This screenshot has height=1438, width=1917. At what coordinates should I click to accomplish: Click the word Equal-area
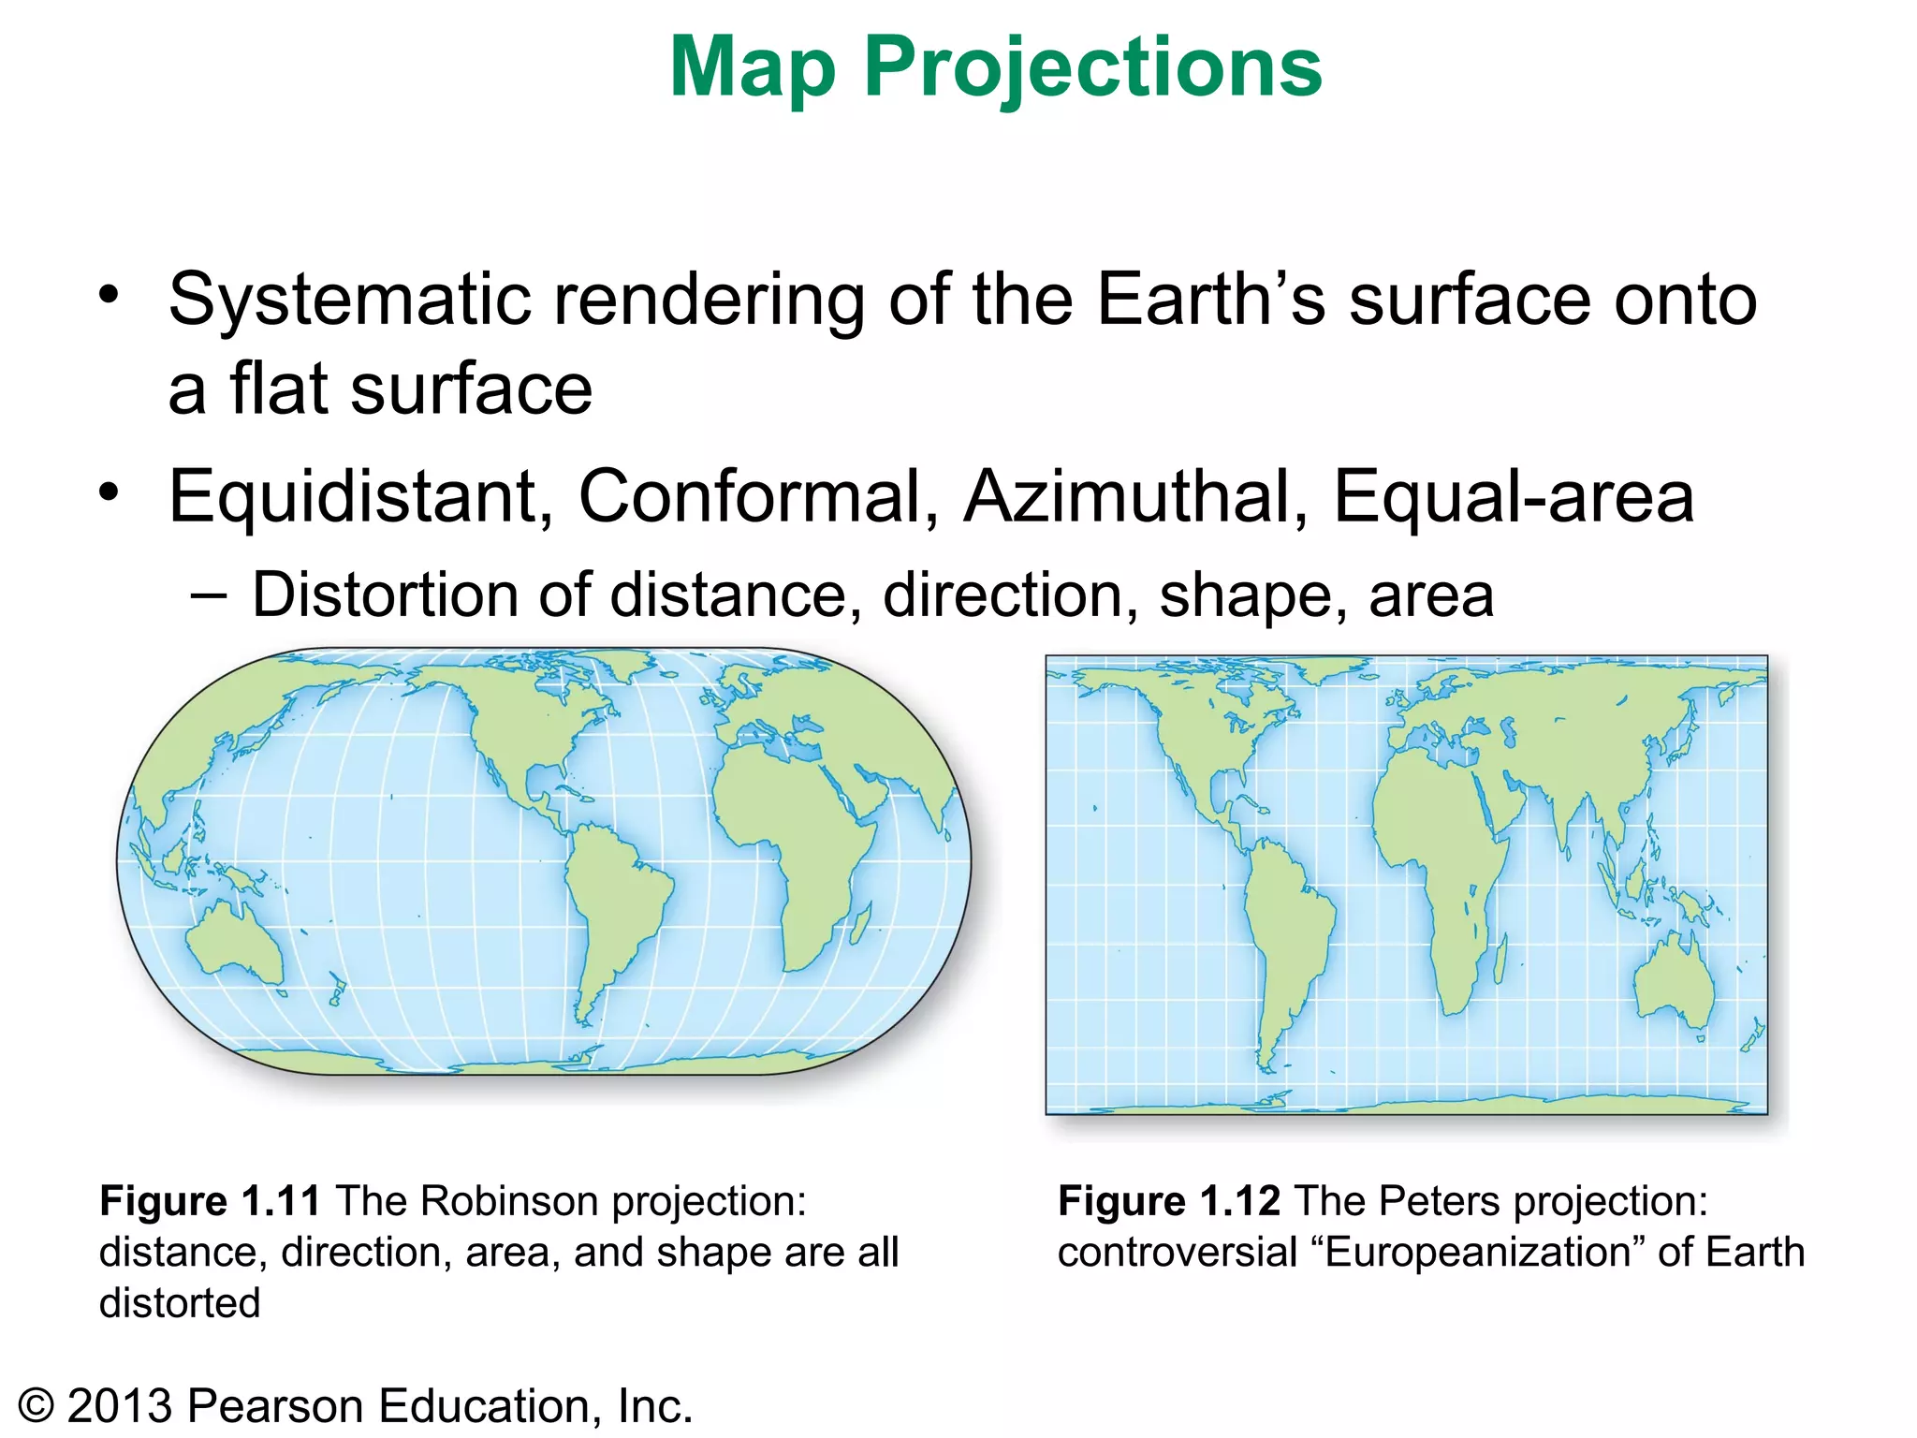click(1513, 496)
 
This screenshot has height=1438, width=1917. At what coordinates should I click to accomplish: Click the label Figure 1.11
click(210, 1201)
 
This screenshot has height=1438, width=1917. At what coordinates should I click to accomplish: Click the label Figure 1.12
click(1168, 1201)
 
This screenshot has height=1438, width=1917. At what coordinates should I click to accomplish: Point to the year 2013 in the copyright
click(120, 1406)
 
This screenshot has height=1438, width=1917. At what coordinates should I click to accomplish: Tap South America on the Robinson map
click(613, 899)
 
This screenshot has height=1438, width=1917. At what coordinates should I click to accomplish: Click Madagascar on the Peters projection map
click(1500, 960)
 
